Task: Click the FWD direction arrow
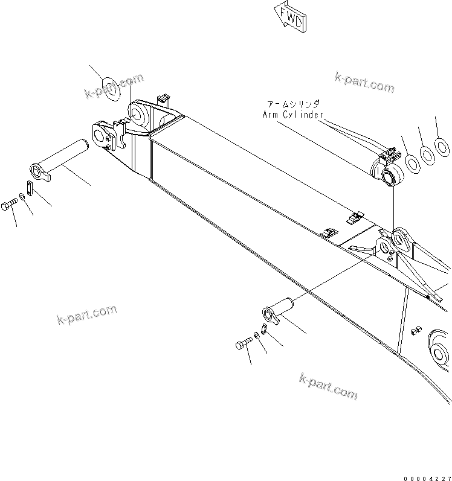click(291, 16)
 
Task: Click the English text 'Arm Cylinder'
click(293, 114)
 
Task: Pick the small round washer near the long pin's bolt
click(22, 196)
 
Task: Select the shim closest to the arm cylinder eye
click(412, 162)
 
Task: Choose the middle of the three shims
click(427, 154)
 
